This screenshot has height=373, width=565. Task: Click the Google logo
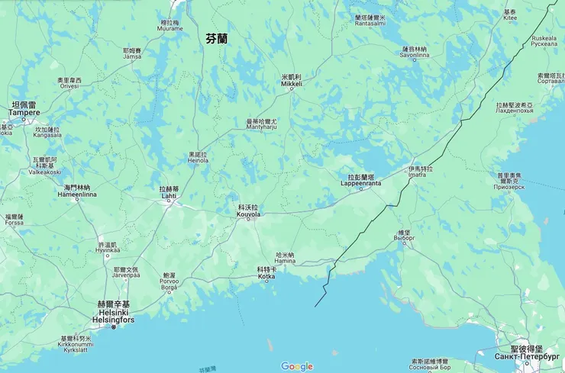point(296,366)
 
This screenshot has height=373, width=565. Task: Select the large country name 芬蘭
point(217,38)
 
